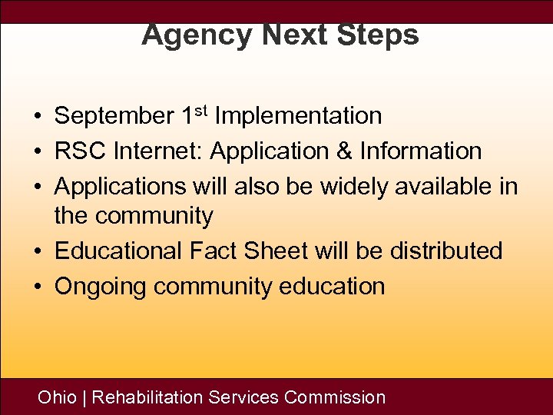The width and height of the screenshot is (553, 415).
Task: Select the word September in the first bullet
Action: [x=114, y=117]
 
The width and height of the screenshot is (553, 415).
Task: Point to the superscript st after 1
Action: [x=201, y=111]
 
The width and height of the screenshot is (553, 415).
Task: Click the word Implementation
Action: [x=299, y=117]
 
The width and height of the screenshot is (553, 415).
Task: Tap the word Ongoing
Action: [x=101, y=287]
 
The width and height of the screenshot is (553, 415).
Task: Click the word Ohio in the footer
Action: [x=58, y=397]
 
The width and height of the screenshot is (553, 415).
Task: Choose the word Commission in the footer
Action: [x=335, y=397]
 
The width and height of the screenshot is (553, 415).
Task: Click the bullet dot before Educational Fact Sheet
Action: [x=37, y=252]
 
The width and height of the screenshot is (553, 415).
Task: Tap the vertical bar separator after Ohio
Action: [x=84, y=397]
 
